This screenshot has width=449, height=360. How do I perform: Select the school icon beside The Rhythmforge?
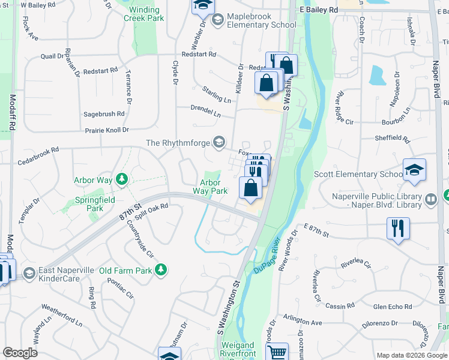[220, 142]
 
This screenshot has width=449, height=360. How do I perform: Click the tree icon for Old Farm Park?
[160, 271]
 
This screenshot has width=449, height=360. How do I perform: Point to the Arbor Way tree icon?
[122, 179]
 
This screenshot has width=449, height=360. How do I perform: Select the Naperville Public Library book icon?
[430, 199]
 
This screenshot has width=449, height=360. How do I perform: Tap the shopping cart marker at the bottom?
[277, 352]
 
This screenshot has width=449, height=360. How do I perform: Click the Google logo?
[20, 352]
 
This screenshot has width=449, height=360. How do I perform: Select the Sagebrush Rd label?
[104, 113]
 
